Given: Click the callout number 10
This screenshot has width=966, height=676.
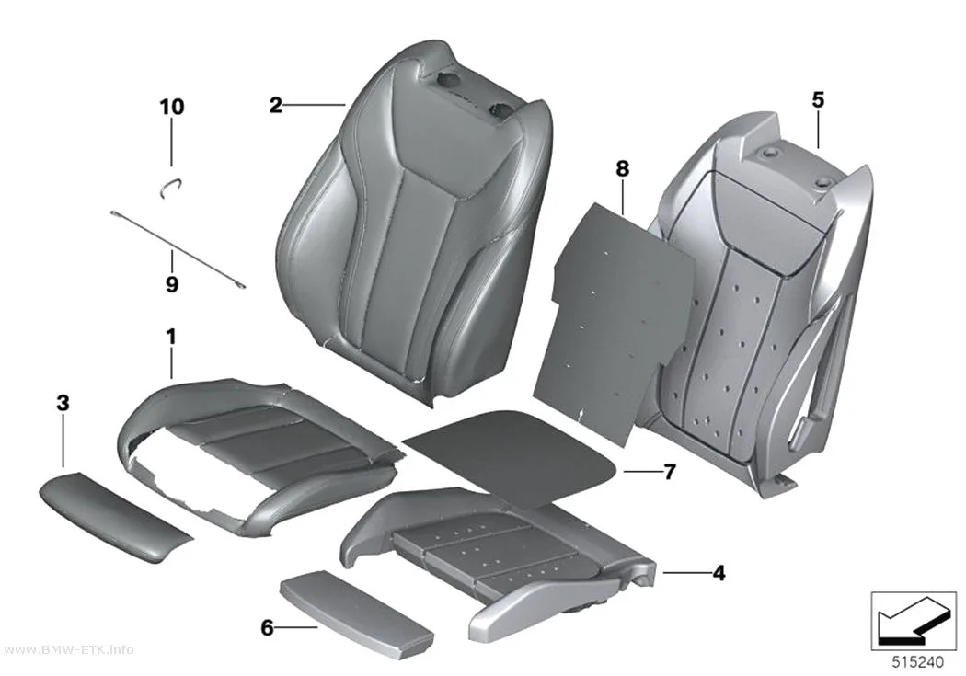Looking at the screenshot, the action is pyautogui.click(x=172, y=107).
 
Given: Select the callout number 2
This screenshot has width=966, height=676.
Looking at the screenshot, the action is pyautogui.click(x=275, y=105).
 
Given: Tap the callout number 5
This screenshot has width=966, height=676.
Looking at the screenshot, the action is pyautogui.click(x=818, y=99).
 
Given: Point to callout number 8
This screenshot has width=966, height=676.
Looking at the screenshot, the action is pyautogui.click(x=622, y=168).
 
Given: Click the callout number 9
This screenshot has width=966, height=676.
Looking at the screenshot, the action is pyautogui.click(x=172, y=284).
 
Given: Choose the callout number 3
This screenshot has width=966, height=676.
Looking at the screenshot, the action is pyautogui.click(x=63, y=403).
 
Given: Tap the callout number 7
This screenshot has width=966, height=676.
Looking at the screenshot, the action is pyautogui.click(x=670, y=472).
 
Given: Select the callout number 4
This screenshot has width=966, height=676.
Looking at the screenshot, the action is pyautogui.click(x=719, y=573).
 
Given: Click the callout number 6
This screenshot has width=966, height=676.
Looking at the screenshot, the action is pyautogui.click(x=267, y=627).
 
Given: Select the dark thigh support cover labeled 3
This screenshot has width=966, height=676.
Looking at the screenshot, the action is pyautogui.click(x=116, y=517).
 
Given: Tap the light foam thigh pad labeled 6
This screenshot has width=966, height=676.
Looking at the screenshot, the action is pyautogui.click(x=357, y=606).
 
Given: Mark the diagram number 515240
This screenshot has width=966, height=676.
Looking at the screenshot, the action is pyautogui.click(x=917, y=662).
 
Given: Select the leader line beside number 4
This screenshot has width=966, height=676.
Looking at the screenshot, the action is pyautogui.click(x=685, y=573).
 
